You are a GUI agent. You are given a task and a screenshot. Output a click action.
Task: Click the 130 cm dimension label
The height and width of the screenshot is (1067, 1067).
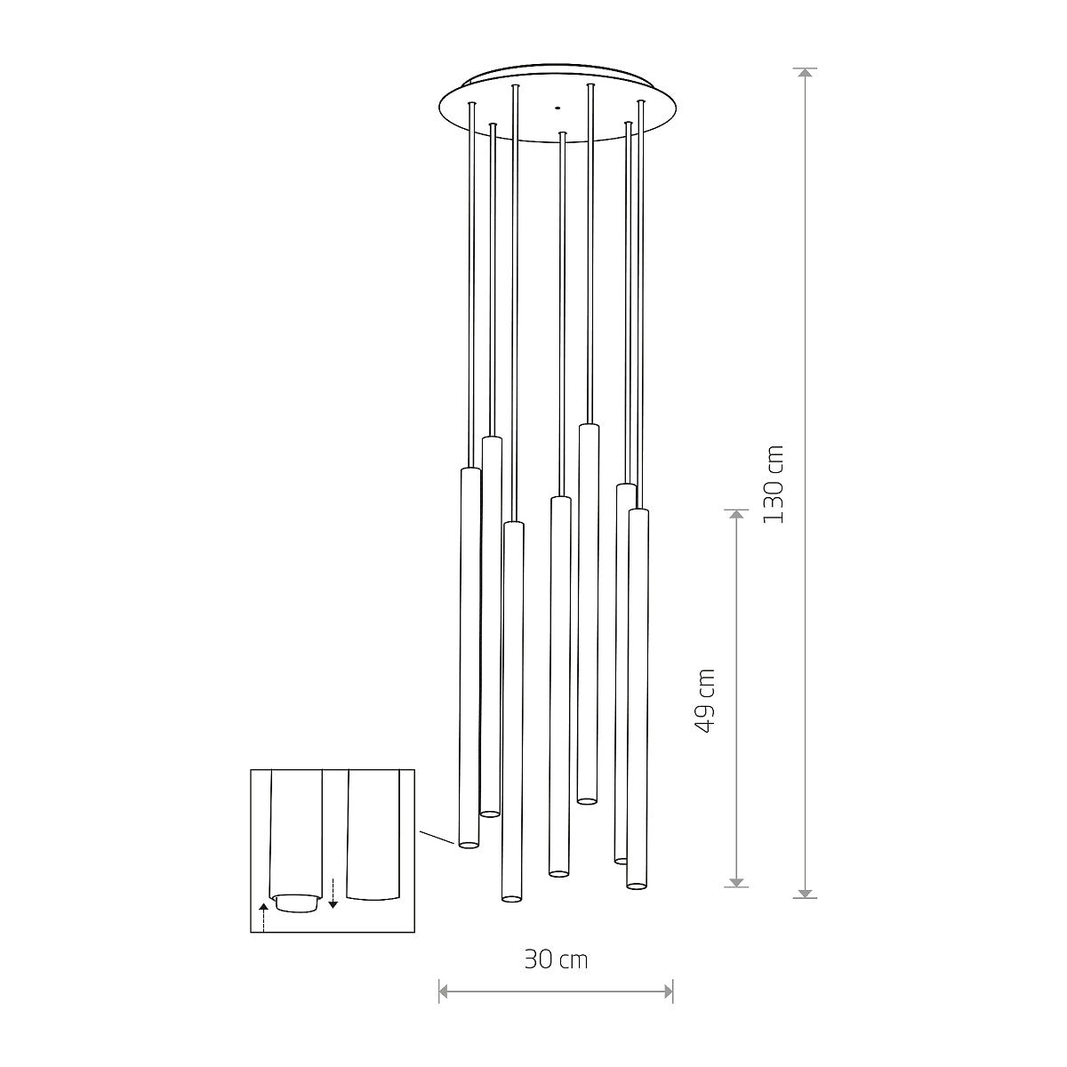(774, 485)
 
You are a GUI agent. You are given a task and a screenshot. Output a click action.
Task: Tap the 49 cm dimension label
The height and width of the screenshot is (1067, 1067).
(704, 700)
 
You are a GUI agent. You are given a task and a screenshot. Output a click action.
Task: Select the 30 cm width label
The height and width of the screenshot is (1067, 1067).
(556, 959)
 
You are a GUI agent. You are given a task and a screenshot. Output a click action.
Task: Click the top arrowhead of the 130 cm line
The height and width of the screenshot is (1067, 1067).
(805, 74)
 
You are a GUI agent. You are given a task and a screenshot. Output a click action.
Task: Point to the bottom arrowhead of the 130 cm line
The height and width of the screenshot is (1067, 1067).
(805, 892)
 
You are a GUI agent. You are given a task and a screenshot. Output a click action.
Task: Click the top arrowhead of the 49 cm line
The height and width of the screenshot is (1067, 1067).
(735, 515)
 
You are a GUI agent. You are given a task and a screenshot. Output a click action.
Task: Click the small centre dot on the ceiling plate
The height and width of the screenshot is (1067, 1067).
(558, 108)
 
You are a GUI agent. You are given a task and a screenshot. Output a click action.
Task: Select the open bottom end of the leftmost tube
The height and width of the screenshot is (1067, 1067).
(468, 843)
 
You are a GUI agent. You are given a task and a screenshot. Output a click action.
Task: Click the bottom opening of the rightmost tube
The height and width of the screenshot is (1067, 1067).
(636, 884)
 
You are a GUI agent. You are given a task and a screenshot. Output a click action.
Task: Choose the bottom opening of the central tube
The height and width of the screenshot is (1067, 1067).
(558, 872)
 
